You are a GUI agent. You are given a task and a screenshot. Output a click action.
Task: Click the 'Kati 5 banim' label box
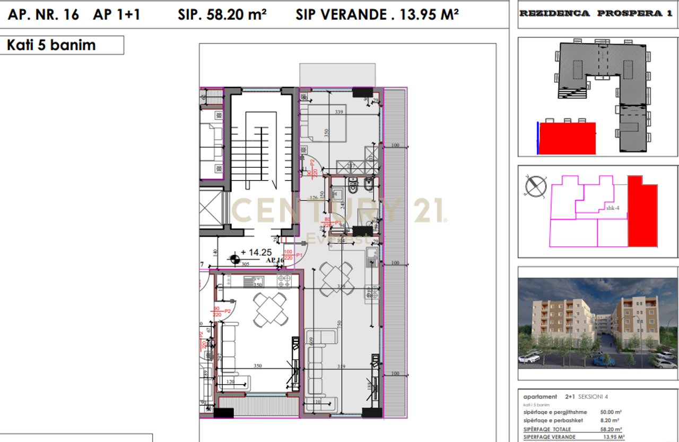(x=62, y=45)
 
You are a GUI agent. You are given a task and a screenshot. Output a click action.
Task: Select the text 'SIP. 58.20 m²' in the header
(x=222, y=15)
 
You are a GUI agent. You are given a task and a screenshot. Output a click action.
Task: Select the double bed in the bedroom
(x=324, y=123)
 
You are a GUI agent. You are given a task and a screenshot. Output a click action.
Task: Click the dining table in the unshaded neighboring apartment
(x=271, y=310)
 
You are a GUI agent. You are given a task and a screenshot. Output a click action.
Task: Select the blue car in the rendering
(x=603, y=361)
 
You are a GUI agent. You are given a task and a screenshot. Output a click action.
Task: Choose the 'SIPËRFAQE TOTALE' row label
(x=547, y=429)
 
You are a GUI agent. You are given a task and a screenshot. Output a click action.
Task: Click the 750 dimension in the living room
(x=338, y=324)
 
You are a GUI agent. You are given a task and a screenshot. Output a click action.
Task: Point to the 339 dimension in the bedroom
(x=339, y=112)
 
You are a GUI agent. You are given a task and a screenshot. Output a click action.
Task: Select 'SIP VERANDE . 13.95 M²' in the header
(x=377, y=15)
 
